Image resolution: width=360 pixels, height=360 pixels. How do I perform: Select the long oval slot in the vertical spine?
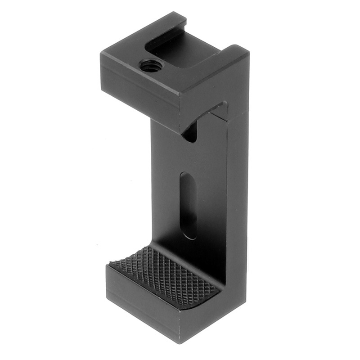[188, 205]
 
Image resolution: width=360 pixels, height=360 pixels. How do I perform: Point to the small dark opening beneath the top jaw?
[190, 133]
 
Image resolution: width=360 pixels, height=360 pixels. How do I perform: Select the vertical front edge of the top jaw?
[180, 112]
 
